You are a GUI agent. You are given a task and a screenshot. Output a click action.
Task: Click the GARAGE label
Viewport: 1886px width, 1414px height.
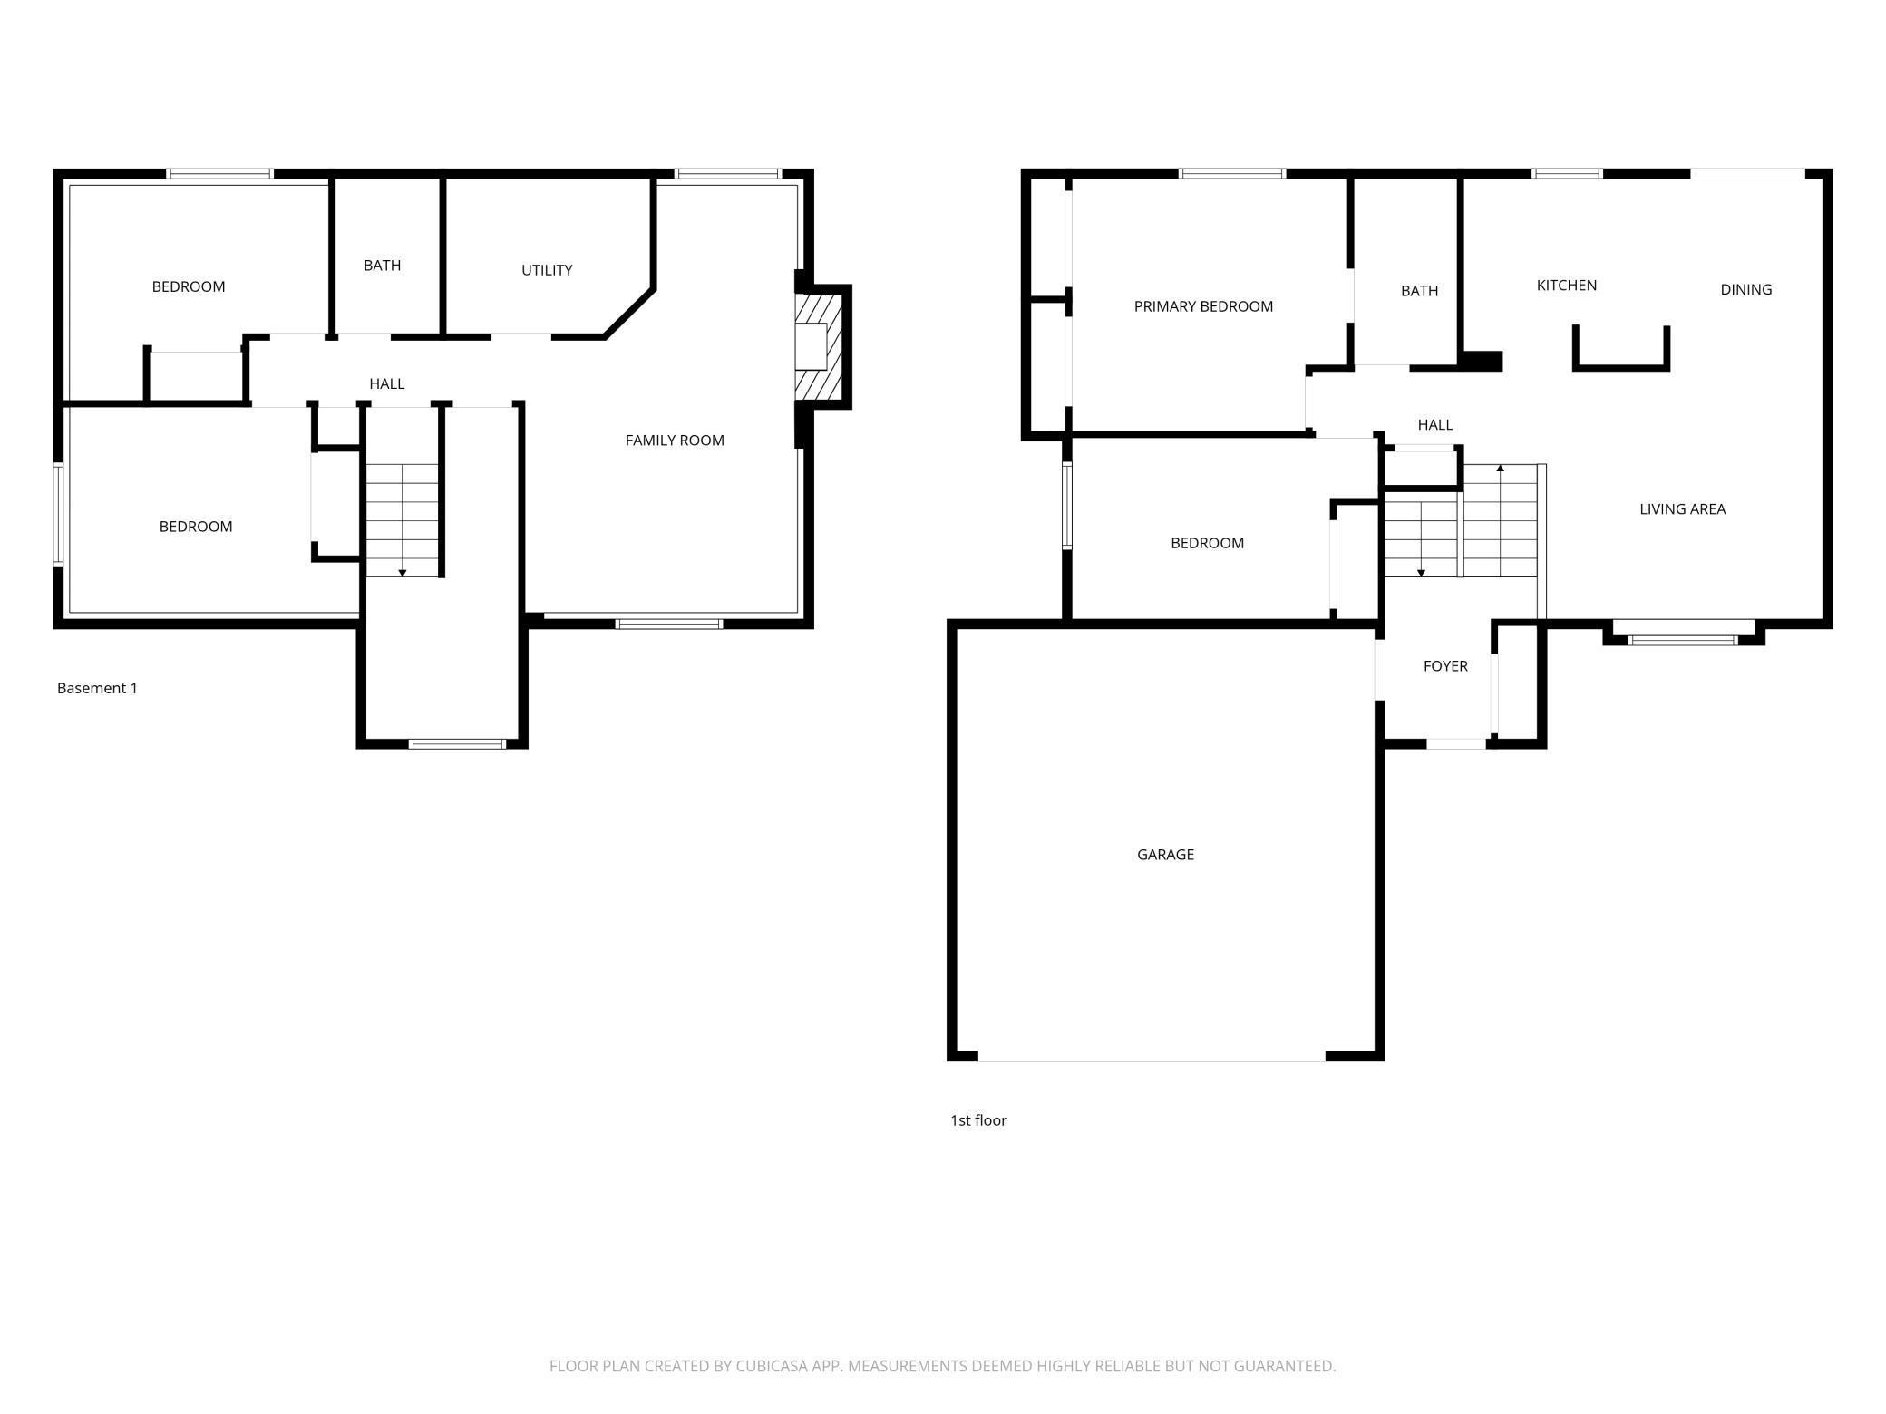1165,854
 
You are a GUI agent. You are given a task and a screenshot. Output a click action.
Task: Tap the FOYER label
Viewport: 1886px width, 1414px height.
1445,666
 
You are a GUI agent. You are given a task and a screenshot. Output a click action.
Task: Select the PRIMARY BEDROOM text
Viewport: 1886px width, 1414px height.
1203,306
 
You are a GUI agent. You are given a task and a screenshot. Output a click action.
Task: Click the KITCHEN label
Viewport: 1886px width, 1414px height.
1567,286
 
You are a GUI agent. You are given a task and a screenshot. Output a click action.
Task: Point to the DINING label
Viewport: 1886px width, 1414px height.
1745,290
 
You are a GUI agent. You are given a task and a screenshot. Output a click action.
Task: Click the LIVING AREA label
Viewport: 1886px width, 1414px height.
1682,509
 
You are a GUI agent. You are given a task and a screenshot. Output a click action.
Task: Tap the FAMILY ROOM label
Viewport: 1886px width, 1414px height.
675,441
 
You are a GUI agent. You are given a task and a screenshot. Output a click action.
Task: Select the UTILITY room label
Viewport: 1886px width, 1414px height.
547,270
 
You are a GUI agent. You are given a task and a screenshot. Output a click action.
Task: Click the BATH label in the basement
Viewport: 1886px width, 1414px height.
382,266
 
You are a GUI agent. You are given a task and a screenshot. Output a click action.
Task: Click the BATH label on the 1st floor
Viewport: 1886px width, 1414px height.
1419,291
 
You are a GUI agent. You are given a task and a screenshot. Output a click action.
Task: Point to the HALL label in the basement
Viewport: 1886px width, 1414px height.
386,384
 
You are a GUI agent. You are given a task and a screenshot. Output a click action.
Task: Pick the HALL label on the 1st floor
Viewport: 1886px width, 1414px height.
1435,425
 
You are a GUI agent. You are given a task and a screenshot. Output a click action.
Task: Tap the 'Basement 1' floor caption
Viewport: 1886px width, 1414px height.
97,688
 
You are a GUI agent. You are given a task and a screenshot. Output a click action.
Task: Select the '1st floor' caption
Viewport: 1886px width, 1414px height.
978,1120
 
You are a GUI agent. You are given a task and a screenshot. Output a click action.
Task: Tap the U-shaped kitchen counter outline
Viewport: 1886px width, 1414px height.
1621,367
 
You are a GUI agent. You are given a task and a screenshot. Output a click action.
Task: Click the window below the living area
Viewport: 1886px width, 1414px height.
1683,640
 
